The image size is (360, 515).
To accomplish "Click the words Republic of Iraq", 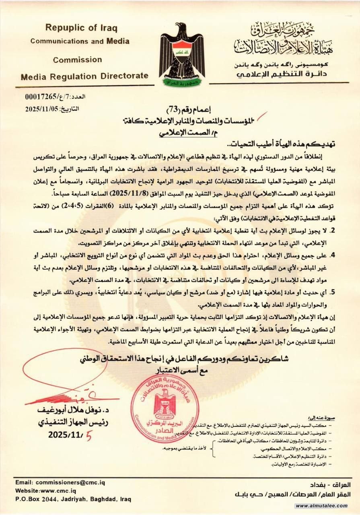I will [x=81, y=28].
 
